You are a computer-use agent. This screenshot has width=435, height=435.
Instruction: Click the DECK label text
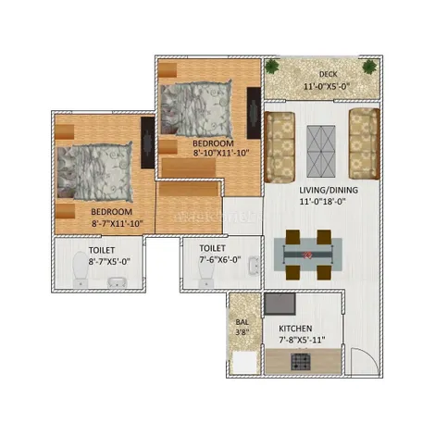click(328, 74)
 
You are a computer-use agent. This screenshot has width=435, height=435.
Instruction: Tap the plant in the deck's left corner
click(272, 67)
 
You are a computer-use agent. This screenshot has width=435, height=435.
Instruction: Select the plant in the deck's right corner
click(369, 67)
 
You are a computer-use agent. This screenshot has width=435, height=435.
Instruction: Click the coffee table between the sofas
click(321, 151)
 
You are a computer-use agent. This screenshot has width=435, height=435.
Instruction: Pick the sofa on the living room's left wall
click(280, 147)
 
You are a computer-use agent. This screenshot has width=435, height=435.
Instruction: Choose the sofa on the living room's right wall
click(364, 143)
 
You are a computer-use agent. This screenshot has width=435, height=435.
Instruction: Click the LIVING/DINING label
click(329, 190)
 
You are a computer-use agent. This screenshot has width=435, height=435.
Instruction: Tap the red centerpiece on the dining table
click(307, 255)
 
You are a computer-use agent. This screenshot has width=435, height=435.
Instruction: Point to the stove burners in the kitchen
click(301, 362)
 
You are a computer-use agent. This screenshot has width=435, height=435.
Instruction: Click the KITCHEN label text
click(295, 329)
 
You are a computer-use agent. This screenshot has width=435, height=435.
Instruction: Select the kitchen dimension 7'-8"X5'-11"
click(302, 340)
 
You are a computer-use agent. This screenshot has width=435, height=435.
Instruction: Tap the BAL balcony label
click(242, 322)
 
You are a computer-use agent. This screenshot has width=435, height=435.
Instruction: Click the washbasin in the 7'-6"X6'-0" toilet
click(254, 266)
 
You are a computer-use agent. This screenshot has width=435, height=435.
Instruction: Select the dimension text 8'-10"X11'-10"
click(221, 153)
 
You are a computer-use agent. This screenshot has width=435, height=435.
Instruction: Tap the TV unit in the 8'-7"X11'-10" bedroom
click(147, 143)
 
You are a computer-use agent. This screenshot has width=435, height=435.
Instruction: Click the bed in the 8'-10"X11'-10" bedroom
click(196, 108)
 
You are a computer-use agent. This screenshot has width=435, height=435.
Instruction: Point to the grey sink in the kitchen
click(280, 304)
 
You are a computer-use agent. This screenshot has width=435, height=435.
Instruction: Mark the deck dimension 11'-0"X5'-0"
click(327, 86)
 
